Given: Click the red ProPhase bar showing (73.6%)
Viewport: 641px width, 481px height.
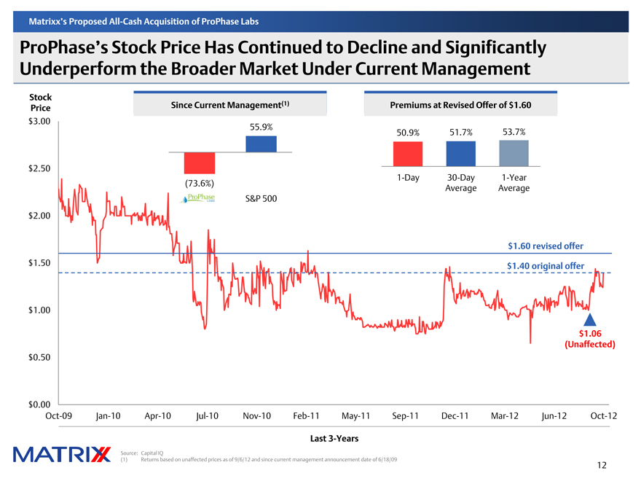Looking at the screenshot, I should pyautogui.click(x=199, y=163).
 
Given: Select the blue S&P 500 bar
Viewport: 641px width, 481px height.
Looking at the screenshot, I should pyautogui.click(x=261, y=144).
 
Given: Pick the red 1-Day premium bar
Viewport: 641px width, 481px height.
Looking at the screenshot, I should pyautogui.click(x=407, y=154).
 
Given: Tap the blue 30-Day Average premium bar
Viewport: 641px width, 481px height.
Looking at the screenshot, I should pyautogui.click(x=460, y=154).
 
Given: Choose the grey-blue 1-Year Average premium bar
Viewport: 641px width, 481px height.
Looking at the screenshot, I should pyautogui.click(x=514, y=154).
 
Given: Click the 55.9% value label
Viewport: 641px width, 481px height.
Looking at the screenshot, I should pyautogui.click(x=261, y=127).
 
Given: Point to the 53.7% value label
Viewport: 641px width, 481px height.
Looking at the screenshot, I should pyautogui.click(x=514, y=132).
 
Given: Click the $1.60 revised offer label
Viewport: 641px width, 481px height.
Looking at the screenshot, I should pyautogui.click(x=545, y=246).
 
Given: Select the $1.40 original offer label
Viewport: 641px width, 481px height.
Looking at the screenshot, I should pyautogui.click(x=545, y=266).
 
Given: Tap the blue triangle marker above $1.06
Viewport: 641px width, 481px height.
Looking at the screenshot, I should pyautogui.click(x=590, y=319).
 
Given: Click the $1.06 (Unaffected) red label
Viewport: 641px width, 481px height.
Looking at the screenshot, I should pyautogui.click(x=590, y=339).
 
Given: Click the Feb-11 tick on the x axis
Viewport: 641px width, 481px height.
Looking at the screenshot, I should pyautogui.click(x=306, y=416).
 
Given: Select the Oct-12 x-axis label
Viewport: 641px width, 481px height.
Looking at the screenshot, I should pyautogui.click(x=604, y=416).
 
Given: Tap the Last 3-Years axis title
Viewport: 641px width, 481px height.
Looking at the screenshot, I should pyautogui.click(x=329, y=438).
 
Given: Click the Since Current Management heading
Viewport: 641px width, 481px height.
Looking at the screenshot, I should pyautogui.click(x=230, y=105).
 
